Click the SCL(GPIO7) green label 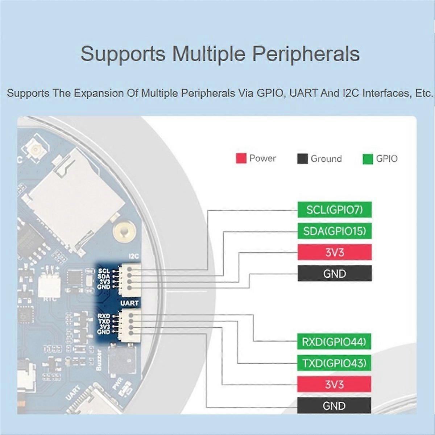(x=335, y=210)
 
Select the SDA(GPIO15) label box (x=335, y=231)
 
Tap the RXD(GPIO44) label (x=334, y=342)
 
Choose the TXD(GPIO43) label (x=334, y=363)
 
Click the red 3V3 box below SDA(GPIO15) (x=335, y=252)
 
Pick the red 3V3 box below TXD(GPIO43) (x=334, y=384)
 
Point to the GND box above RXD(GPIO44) (x=335, y=273)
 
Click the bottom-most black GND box (x=334, y=406)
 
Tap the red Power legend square (x=241, y=158)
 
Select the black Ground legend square (x=302, y=159)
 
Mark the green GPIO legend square (x=368, y=159)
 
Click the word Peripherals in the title (x=306, y=54)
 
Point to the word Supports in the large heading (x=123, y=54)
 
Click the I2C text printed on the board (x=134, y=256)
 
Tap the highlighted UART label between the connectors (x=129, y=303)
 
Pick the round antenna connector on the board (x=36, y=150)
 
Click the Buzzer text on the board (x=99, y=360)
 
